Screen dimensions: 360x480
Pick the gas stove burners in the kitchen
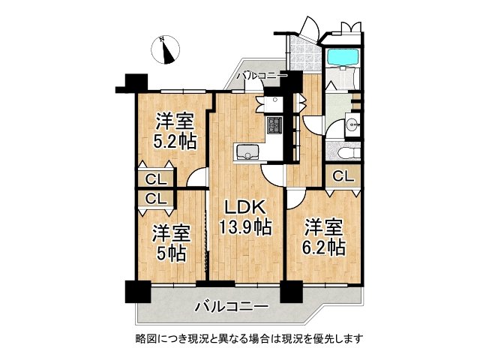click(x=274, y=125)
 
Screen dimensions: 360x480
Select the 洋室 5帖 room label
click(x=170, y=244)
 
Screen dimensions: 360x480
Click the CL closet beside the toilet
click(x=343, y=177)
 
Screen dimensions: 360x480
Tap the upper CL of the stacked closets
click(x=156, y=180)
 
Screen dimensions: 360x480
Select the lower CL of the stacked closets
click(x=156, y=199)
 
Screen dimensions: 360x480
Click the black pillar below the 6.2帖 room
click(x=290, y=290)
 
